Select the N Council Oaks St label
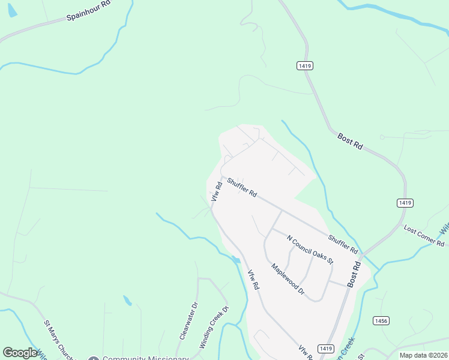click(x=310, y=249)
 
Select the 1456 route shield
click(x=381, y=321)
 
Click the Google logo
click(x=20, y=353)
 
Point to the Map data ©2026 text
click(x=423, y=355)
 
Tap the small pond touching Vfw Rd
click(x=237, y=260)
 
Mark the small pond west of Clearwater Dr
click(x=127, y=300)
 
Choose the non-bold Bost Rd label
click(x=350, y=142)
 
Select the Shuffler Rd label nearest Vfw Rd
click(x=242, y=188)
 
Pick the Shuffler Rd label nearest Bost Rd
click(x=343, y=243)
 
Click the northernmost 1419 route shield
click(x=304, y=65)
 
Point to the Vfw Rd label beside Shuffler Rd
click(x=216, y=192)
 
